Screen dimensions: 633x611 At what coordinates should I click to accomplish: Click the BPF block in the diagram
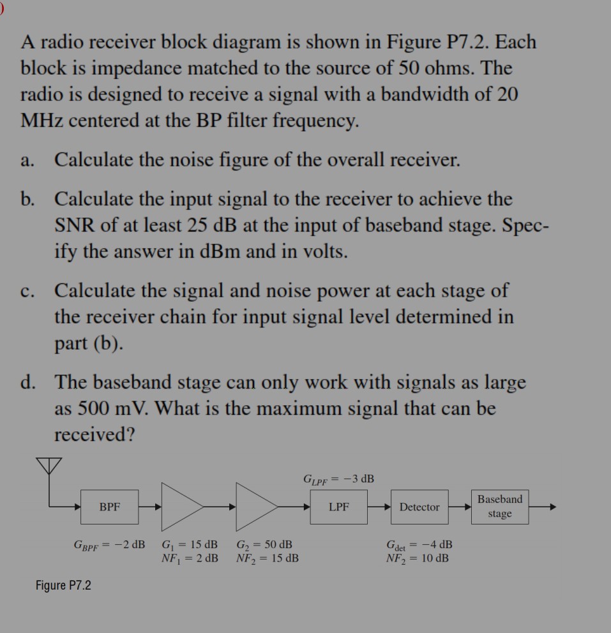coord(109,507)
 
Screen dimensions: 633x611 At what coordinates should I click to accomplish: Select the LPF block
coord(338,507)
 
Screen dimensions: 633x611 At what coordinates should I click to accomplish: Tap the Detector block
coord(419,507)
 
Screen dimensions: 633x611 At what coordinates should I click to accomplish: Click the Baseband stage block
coord(499,507)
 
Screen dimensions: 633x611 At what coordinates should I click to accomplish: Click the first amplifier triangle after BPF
coord(180,507)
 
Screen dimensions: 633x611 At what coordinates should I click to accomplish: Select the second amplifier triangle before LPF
coord(255,507)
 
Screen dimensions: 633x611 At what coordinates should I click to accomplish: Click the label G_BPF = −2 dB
coord(109,546)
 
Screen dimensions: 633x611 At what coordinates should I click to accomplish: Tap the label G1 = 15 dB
coord(190,546)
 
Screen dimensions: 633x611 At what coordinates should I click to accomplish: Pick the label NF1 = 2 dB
coord(190,558)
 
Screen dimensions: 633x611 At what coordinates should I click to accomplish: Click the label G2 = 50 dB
coord(264,546)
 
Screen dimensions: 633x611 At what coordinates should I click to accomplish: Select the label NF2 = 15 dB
coord(267,558)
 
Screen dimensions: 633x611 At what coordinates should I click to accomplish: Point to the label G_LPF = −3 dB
coord(338,479)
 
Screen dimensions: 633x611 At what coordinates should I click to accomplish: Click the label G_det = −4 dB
coord(419,546)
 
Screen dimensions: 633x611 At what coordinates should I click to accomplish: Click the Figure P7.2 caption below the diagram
coord(63,585)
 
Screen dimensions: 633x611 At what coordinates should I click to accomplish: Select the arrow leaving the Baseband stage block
coord(543,507)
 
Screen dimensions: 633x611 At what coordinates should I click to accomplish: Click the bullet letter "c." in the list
coord(27,292)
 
